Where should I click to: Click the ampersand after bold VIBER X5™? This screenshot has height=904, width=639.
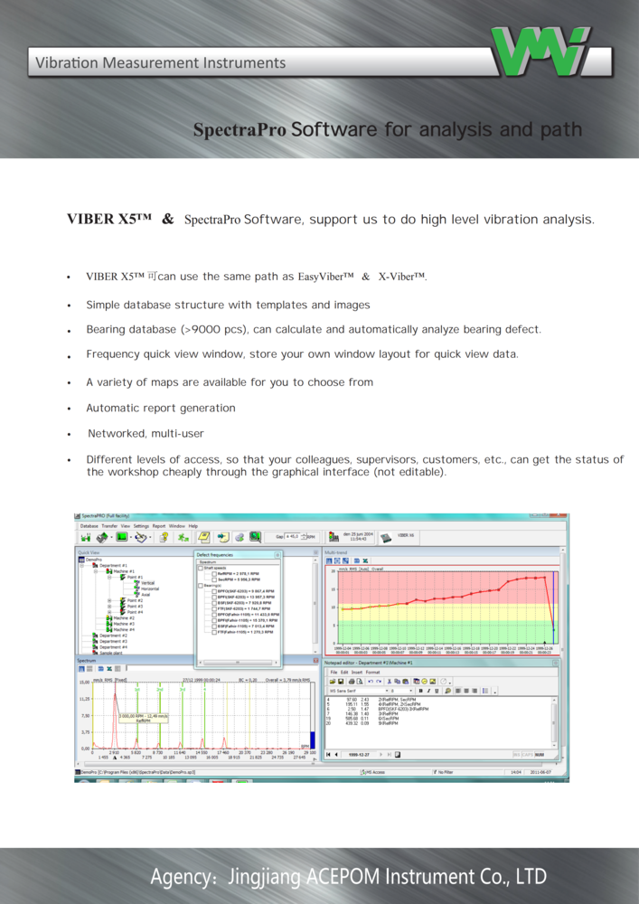(x=167, y=220)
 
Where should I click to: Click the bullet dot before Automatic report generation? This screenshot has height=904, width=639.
(x=69, y=409)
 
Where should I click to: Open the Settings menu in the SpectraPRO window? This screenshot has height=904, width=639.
(x=141, y=525)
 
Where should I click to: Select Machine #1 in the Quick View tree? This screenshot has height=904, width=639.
(x=124, y=572)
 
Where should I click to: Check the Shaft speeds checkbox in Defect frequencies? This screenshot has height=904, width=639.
(x=201, y=569)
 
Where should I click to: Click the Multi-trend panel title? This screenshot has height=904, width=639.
(x=336, y=551)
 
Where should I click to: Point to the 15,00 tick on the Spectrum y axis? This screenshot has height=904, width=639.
(x=84, y=683)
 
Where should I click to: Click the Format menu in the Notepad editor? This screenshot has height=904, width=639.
(x=372, y=673)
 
